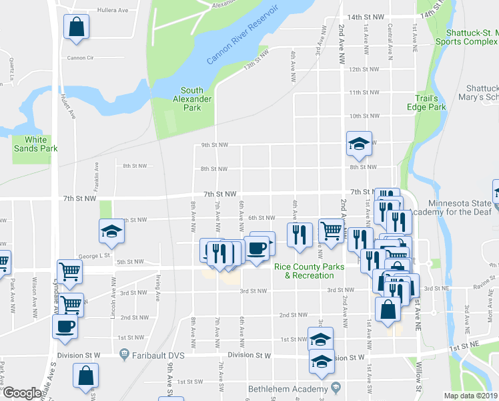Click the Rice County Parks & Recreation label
[310, 271]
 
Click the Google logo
[22, 393]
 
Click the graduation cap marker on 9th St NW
[359, 144]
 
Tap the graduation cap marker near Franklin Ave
[111, 233]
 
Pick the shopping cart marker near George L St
[69, 271]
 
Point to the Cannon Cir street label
[80, 57]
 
